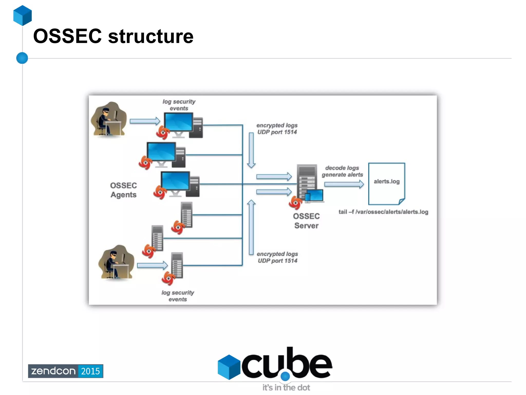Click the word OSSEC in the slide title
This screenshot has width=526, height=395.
click(x=68, y=36)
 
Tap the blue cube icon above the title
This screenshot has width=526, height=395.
click(x=22, y=15)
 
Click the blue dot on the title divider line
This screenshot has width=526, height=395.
click(x=22, y=58)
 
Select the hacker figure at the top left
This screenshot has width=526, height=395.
click(x=109, y=119)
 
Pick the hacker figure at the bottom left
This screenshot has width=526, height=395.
click(x=116, y=262)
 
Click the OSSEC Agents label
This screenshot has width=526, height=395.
click(x=123, y=190)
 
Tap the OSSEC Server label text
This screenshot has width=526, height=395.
click(x=306, y=221)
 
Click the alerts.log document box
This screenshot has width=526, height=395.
click(x=387, y=183)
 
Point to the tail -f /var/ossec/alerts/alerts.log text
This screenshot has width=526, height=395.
click(x=383, y=212)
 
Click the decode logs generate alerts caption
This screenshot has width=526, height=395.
click(x=342, y=171)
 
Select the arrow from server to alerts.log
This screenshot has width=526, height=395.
click(x=344, y=184)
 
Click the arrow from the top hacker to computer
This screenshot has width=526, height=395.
click(x=145, y=121)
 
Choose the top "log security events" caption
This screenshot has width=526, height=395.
click(x=179, y=105)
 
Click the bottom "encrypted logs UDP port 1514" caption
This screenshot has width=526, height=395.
click(x=277, y=257)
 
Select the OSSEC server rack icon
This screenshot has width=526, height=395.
click(x=307, y=183)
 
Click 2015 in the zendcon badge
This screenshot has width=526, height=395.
click(x=90, y=371)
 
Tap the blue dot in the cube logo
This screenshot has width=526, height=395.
click(x=285, y=376)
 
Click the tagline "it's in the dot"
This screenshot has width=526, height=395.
click(x=286, y=387)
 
